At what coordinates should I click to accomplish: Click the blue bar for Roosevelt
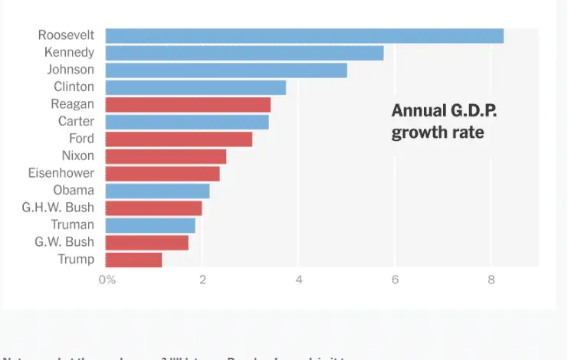coord(304,35)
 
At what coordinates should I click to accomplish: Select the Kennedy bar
coord(244,53)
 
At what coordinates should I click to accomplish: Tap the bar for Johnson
coord(226,70)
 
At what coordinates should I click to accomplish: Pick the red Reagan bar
coord(188,105)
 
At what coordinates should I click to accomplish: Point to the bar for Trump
coord(133,260)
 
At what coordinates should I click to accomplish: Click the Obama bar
coord(157,191)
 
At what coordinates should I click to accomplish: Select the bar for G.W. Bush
coord(146,243)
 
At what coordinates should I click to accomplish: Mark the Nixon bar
coord(166,156)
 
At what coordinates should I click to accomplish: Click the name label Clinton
coord(74,87)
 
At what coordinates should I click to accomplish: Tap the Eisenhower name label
coord(61,173)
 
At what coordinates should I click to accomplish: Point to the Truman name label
coord(73,225)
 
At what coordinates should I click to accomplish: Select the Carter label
coord(77,122)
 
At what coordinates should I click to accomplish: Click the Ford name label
coord(82,139)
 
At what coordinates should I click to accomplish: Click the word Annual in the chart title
coord(417,111)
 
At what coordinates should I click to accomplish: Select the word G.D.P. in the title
coord(472,111)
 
